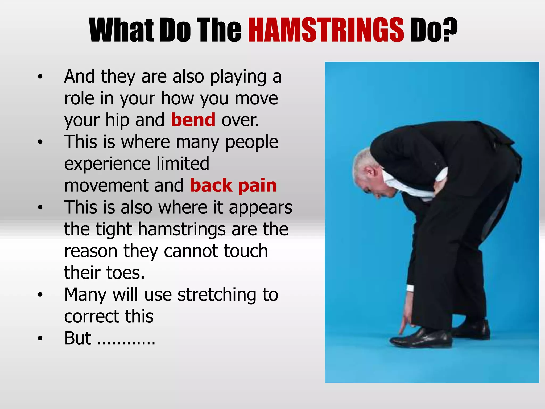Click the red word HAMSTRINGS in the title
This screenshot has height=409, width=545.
(x=326, y=30)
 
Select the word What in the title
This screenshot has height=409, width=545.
(x=121, y=30)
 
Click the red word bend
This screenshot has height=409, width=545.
(x=193, y=120)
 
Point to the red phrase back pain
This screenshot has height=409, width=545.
(x=233, y=185)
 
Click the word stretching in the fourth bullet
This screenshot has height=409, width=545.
(x=217, y=295)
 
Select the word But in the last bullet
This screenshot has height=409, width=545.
(x=78, y=338)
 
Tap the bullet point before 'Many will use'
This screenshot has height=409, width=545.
(x=40, y=295)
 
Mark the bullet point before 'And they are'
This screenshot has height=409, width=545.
(x=40, y=77)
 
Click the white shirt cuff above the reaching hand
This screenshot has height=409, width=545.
(x=410, y=288)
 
